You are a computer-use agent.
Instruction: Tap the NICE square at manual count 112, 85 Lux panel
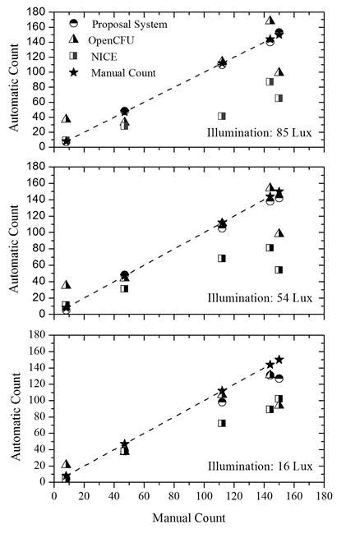click(222, 116)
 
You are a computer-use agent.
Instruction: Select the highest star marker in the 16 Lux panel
click(279, 360)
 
